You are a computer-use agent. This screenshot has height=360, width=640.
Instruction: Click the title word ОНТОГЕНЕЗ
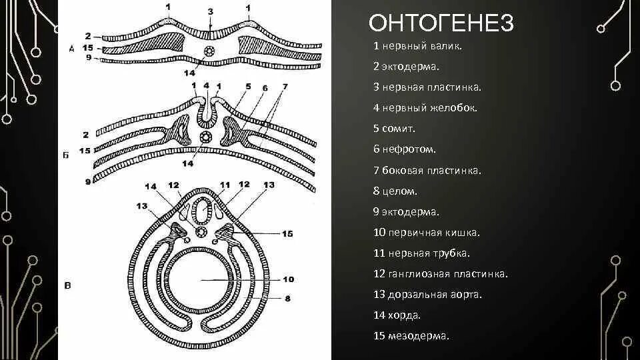click(441, 23)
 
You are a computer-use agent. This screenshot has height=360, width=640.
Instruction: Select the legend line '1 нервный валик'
click(417, 47)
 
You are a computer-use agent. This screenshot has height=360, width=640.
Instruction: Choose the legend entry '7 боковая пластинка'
click(427, 171)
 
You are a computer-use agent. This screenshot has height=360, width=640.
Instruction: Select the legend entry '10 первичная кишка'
click(427, 233)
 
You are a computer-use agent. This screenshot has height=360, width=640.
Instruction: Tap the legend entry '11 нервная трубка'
click(422, 253)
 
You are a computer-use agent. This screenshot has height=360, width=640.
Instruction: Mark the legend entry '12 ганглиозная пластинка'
click(441, 274)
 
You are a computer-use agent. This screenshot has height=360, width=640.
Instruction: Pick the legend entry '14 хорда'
click(397, 315)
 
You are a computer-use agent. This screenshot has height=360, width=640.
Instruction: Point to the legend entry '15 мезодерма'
click(411, 336)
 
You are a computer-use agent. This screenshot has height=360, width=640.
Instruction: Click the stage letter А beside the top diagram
click(71, 48)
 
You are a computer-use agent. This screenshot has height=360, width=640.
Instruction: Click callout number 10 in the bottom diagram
click(288, 279)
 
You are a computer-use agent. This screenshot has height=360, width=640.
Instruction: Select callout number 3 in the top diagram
click(211, 11)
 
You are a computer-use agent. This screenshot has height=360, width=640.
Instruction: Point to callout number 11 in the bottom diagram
click(224, 185)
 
